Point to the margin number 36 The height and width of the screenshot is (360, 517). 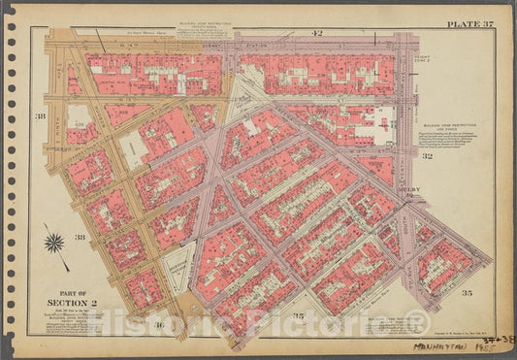[158, 323]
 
